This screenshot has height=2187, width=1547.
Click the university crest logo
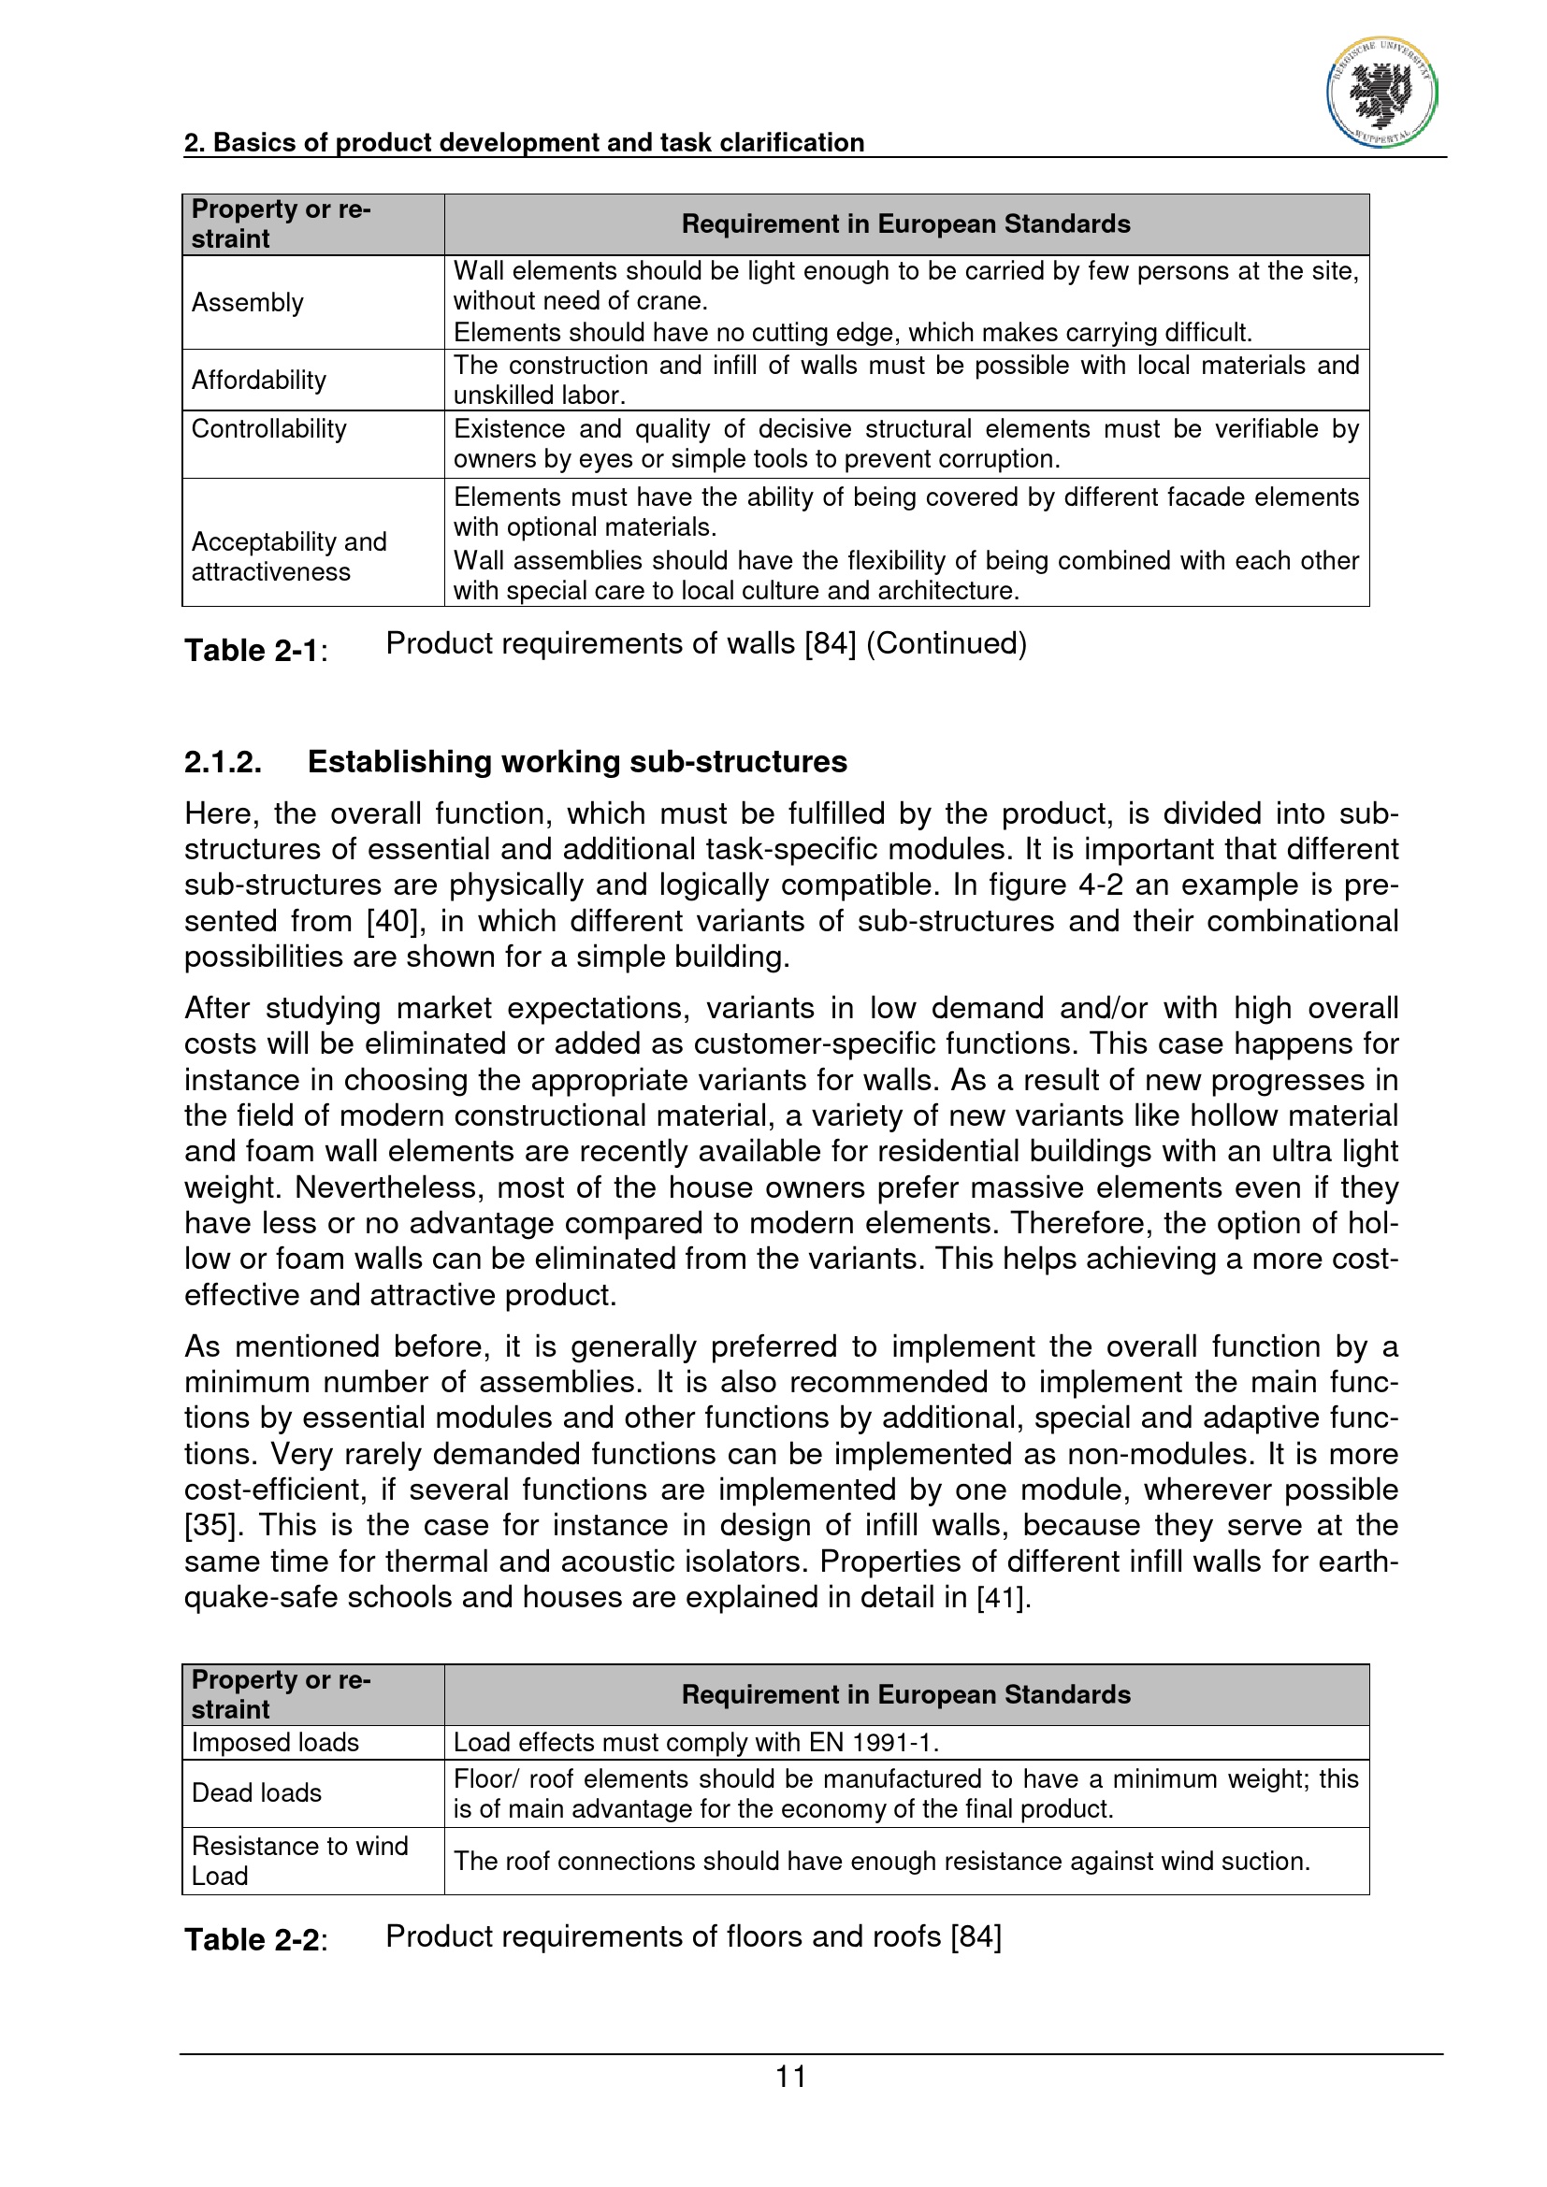point(1381,94)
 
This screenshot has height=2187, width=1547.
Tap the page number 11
point(790,2076)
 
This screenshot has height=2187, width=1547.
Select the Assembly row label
point(248,303)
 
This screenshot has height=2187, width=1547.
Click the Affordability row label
point(259,380)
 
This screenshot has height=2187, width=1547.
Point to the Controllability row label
point(268,428)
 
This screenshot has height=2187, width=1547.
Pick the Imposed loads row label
point(275,1742)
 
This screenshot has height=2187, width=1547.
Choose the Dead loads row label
point(257,1792)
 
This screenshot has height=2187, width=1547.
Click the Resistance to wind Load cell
point(300,1861)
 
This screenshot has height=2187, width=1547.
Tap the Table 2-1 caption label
point(252,651)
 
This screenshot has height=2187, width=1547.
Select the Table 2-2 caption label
point(252,1939)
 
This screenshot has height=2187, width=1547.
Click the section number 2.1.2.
point(223,762)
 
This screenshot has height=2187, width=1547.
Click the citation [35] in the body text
point(210,1525)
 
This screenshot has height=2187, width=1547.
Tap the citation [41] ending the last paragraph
point(1002,1596)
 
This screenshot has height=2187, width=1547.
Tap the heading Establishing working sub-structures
point(577,762)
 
